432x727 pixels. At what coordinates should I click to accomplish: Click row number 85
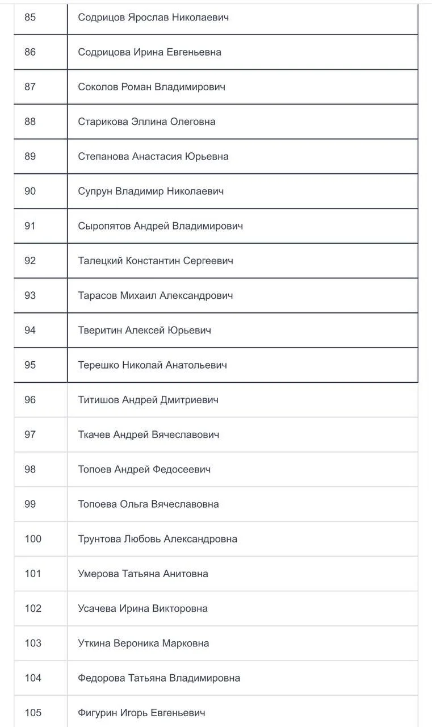pyautogui.click(x=30, y=18)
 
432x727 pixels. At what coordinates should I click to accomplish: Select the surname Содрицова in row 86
pyautogui.click(x=104, y=52)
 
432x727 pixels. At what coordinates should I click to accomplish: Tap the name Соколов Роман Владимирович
pyautogui.click(x=152, y=87)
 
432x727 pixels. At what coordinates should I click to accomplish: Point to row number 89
pyautogui.click(x=30, y=156)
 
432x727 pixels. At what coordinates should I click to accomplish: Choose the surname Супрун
pyautogui.click(x=95, y=191)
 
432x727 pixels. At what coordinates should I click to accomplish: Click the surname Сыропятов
pyautogui.click(x=104, y=226)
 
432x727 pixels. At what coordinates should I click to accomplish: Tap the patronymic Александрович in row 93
pyautogui.click(x=196, y=295)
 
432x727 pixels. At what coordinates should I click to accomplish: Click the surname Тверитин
pyautogui.click(x=100, y=330)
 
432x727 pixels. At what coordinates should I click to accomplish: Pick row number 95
pyautogui.click(x=30, y=365)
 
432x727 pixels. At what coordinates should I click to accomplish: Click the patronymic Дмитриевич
pyautogui.click(x=190, y=400)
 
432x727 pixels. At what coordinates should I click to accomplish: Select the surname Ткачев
pyautogui.click(x=94, y=434)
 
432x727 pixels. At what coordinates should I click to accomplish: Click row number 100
pyautogui.click(x=33, y=539)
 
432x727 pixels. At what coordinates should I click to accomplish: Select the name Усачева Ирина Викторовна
pyautogui.click(x=142, y=608)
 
